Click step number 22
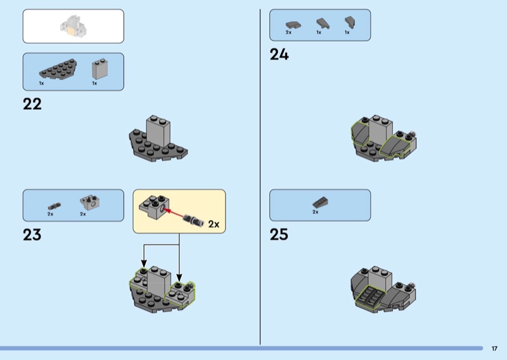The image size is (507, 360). click(32, 104)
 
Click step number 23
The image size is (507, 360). click(32, 235)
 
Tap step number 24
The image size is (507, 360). click(279, 55)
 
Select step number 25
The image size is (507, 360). click(279, 235)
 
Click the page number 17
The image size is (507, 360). click(494, 349)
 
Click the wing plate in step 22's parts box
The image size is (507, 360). click(58, 69)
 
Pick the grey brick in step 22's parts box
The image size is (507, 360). click(100, 69)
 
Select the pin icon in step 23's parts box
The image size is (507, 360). click(55, 206)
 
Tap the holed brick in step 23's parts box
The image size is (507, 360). click(89, 202)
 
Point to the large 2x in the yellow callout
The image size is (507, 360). click(214, 224)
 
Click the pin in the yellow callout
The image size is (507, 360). click(193, 220)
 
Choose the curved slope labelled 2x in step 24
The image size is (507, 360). click(293, 25)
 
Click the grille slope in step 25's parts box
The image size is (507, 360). click(321, 202)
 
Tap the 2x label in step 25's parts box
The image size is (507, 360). click(315, 212)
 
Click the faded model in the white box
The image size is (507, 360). click(74, 25)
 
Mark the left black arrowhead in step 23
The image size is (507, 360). click(144, 264)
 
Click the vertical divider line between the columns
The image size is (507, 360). click(260, 177)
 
